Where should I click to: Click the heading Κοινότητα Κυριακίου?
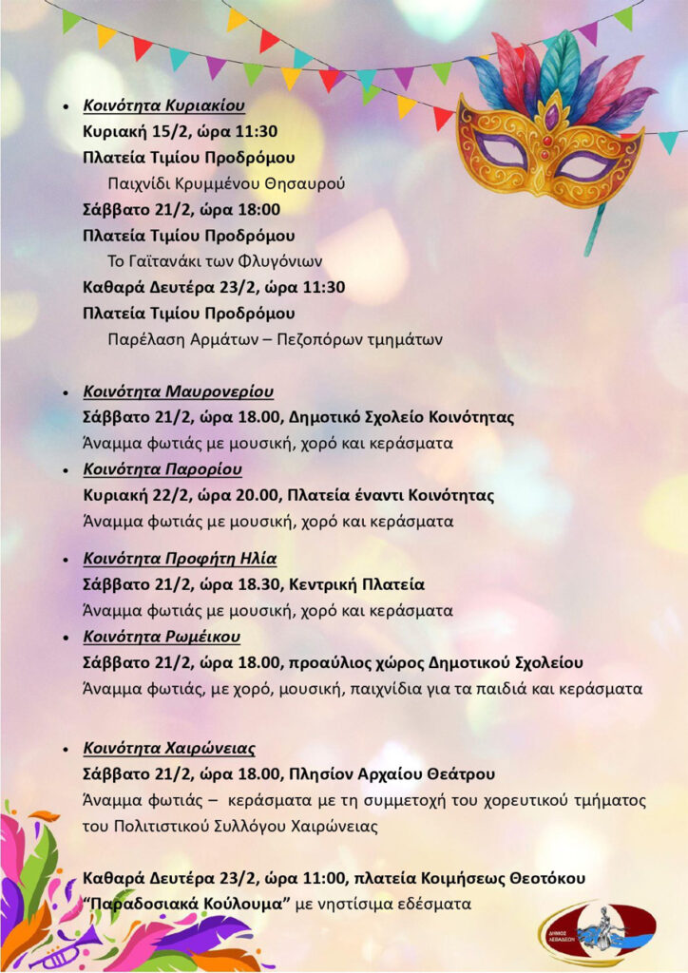pyautogui.click(x=163, y=105)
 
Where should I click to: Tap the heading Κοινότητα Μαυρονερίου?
pyautogui.click(x=178, y=391)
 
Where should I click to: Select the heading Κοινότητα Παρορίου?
pyautogui.click(x=162, y=469)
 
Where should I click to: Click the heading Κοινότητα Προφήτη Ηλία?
pyautogui.click(x=180, y=558)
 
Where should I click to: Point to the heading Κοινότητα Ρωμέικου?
pyautogui.click(x=162, y=636)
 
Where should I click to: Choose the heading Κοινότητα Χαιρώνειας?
pyautogui.click(x=169, y=748)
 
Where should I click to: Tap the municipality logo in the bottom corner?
pyautogui.click(x=596, y=931)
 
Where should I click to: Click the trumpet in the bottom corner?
pyautogui.click(x=67, y=946)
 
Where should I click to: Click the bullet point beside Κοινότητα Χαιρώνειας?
pyautogui.click(x=65, y=748)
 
